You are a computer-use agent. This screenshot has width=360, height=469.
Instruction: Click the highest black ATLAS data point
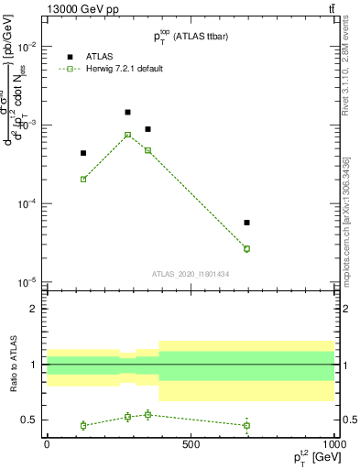127,112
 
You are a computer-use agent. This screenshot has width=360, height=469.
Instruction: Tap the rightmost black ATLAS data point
246,223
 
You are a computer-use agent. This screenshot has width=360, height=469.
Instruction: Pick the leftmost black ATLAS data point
83,153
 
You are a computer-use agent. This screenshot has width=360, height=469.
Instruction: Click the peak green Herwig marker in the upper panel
127,135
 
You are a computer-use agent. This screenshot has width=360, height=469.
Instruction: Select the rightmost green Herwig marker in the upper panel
246,248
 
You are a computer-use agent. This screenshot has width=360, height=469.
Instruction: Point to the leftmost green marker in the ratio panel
83,425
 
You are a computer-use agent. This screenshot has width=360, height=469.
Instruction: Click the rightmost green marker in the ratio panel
246,425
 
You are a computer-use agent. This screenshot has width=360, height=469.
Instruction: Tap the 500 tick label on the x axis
191,444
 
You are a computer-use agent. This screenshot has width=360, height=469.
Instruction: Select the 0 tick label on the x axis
47,444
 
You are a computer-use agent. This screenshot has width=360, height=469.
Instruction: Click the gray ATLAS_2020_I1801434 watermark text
191,274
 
